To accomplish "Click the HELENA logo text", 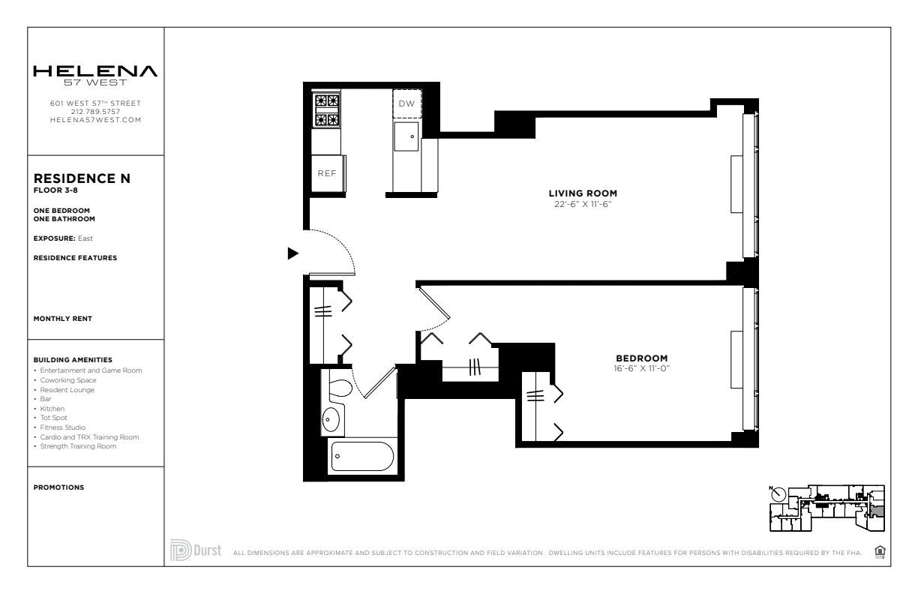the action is click(x=95, y=71).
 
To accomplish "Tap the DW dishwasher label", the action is click(x=406, y=103).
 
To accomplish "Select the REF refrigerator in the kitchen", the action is click(x=327, y=173).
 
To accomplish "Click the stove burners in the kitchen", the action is click(x=327, y=109).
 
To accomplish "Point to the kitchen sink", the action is click(x=406, y=136).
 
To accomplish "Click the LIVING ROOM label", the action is click(x=583, y=193).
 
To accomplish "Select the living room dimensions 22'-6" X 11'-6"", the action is click(x=583, y=204).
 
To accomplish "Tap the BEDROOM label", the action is click(x=642, y=358).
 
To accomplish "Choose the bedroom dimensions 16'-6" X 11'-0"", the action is click(x=642, y=368).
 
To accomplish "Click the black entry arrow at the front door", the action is click(x=292, y=253).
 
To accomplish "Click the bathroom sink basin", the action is click(x=331, y=419).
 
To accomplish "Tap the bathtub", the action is click(x=362, y=456).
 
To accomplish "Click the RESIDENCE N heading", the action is click(x=82, y=178).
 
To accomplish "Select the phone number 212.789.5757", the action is click(x=95, y=112).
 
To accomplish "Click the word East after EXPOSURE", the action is click(x=85, y=238).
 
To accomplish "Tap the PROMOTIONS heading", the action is click(x=58, y=487).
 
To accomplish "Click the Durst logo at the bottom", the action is click(x=196, y=550).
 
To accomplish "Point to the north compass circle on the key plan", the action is click(x=778, y=494).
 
